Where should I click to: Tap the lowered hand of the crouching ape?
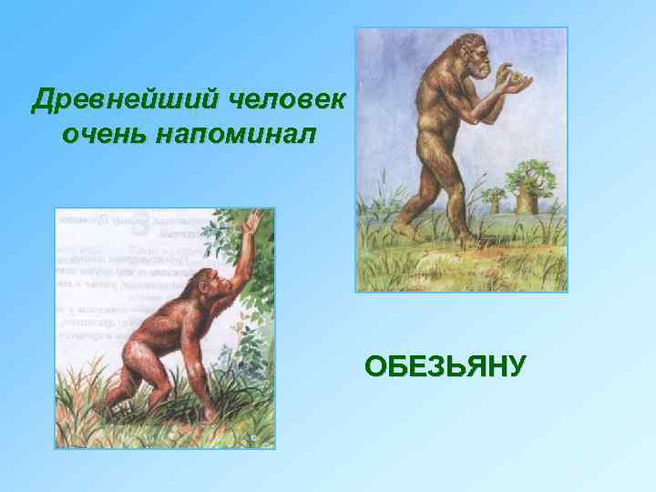click(211, 407)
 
